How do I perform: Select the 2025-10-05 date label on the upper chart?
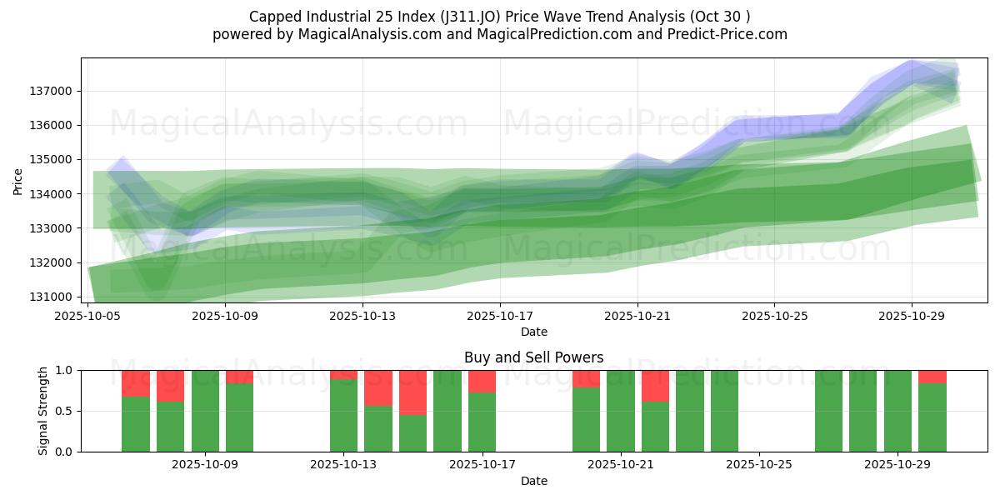point(87,317)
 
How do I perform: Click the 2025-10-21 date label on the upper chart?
point(637,317)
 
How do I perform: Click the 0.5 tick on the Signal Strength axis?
point(66,411)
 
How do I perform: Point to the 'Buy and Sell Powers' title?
point(533,357)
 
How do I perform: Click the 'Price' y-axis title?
point(18,181)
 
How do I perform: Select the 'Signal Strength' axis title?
point(43,411)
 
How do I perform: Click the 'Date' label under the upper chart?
point(533,332)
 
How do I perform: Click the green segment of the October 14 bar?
point(378,429)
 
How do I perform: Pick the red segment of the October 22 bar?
point(655,386)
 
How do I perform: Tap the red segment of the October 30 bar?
point(932,377)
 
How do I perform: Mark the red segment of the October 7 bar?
point(170,386)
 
